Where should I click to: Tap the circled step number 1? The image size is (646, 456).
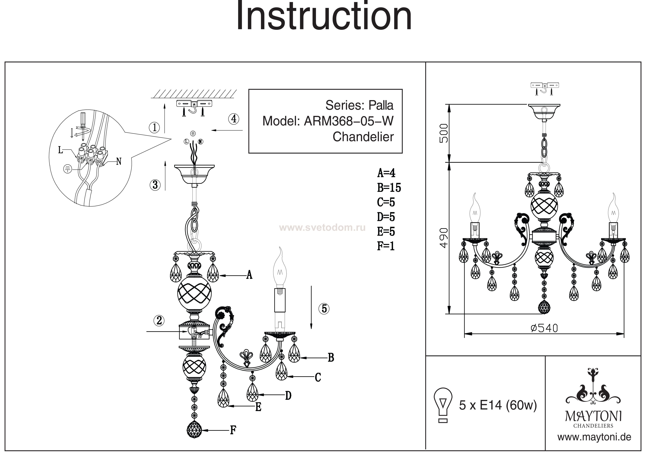tap(154, 128)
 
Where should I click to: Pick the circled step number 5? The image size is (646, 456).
tap(324, 309)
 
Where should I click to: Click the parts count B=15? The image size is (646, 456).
tap(389, 188)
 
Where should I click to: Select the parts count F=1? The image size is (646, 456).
tap(386, 246)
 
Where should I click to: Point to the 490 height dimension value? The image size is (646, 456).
tap(444, 238)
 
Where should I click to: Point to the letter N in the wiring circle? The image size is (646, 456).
tap(119, 162)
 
